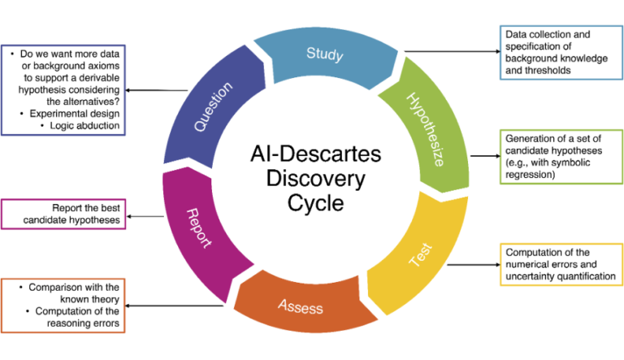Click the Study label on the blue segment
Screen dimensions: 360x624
[324, 54]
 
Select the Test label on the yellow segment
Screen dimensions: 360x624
[416, 258]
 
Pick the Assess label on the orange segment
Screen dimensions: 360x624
[301, 306]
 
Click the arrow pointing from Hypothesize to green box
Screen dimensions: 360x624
[483, 155]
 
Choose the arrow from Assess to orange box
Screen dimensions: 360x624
[175, 306]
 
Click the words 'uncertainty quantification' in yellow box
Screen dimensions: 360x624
[560, 276]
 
